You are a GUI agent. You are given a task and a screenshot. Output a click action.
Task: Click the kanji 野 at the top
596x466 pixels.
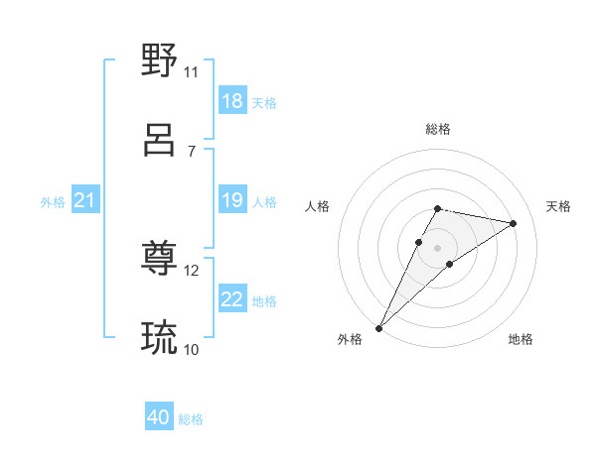pos(160,60)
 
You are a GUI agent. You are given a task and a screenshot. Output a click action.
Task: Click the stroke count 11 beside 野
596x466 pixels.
pos(191,71)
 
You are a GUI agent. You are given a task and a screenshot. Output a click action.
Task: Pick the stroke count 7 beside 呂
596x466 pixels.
pos(191,151)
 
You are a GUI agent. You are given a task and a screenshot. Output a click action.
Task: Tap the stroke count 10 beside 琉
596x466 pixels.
pos(192,349)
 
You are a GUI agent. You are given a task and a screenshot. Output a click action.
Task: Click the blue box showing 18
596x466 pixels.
pos(232,101)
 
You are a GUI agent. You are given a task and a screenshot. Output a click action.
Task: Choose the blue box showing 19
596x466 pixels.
pos(232,201)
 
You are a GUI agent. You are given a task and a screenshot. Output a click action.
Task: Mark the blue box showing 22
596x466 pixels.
pos(232,300)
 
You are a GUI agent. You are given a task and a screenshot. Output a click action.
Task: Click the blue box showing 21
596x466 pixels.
pos(85,201)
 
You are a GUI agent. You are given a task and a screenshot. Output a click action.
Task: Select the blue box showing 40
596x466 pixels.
pos(159,418)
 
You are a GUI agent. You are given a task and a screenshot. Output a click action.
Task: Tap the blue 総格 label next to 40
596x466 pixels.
pos(191,419)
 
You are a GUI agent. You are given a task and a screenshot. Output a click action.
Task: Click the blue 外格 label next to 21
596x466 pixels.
pos(53,202)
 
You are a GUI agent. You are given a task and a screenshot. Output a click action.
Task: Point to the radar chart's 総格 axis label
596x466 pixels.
pos(438,129)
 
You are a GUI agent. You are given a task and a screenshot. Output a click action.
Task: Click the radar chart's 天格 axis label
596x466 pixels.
pos(558,206)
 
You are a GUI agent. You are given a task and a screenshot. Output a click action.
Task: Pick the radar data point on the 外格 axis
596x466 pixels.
pos(379,327)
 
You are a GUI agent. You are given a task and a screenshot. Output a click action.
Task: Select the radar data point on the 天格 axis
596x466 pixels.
pos(514,223)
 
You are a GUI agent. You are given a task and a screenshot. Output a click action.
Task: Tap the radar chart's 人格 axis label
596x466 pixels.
pos(318,206)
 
